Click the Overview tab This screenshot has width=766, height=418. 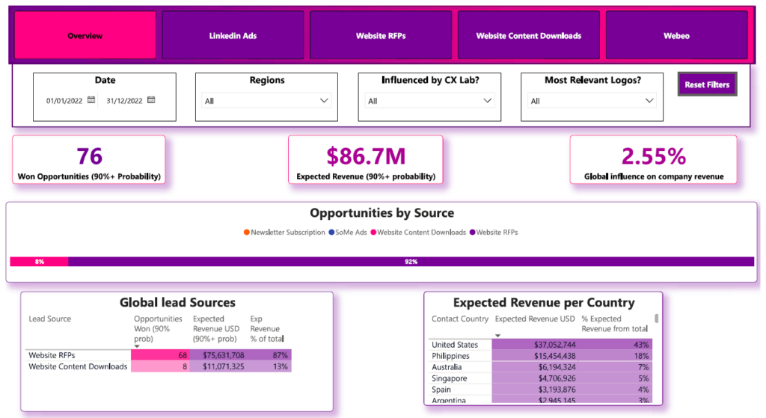coord(85,35)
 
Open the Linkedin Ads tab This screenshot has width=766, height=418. coord(233,35)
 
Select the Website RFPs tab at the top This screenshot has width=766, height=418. coord(381,35)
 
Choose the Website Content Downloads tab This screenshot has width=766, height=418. coord(528,35)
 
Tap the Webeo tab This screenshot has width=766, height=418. coord(676,35)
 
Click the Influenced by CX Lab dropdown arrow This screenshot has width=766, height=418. coord(488,101)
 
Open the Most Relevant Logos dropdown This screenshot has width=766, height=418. coord(649,101)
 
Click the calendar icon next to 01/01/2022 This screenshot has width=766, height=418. coord(91,100)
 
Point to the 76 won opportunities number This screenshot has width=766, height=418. coord(89,156)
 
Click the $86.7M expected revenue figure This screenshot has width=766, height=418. coord(366,156)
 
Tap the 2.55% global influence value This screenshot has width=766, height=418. coord(653,156)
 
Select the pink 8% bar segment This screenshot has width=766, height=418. coord(39,262)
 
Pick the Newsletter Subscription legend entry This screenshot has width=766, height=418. coord(281,233)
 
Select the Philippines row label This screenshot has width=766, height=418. coord(450,356)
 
